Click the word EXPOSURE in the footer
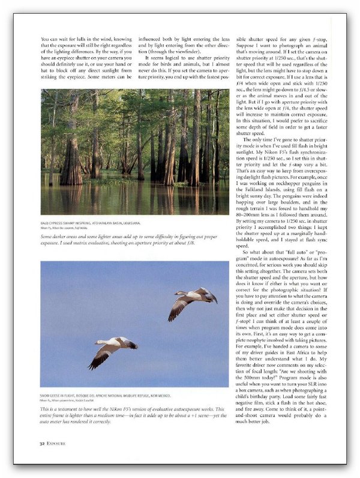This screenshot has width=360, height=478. point(52,444)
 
